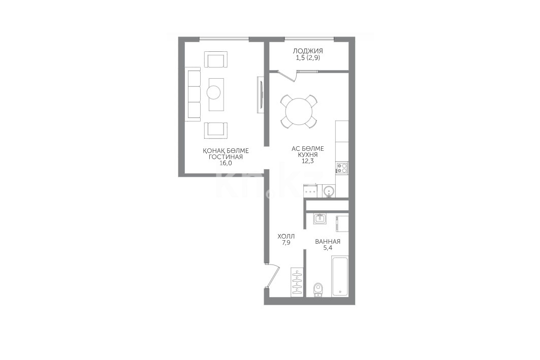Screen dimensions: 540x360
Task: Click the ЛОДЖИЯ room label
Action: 308,51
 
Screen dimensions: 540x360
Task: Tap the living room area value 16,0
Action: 226,163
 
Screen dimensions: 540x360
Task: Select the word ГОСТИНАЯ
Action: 226,157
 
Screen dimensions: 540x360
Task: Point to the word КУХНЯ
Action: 308,155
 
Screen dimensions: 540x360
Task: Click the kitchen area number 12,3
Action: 307,161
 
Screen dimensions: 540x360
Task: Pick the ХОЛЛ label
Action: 286,237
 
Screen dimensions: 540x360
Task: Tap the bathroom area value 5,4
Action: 328,248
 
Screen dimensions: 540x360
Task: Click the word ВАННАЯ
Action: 328,242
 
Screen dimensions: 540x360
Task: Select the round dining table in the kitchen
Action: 299,111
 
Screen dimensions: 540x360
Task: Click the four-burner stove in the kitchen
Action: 342,168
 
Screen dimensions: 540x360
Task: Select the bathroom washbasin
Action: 320,219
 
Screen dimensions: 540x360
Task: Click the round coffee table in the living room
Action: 214,92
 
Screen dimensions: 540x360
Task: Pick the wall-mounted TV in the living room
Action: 261,94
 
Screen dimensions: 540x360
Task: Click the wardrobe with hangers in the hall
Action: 297,281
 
